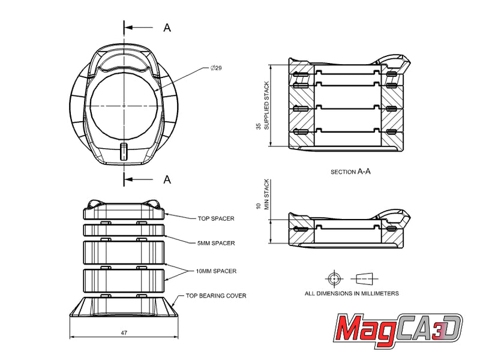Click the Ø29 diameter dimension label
[217, 68]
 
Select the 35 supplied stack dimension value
[259, 127]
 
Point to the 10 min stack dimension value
[259, 206]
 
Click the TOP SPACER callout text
[216, 219]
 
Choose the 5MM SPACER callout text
[216, 243]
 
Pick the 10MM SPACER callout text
[216, 271]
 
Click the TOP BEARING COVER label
[216, 296]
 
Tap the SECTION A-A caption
[351, 172]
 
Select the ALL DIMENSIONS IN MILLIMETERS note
[352, 293]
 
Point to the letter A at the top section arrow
[167, 28]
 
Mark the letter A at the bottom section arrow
[167, 179]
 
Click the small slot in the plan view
[124, 151]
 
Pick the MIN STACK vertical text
[267, 194]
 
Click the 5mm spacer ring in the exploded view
[124, 231]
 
